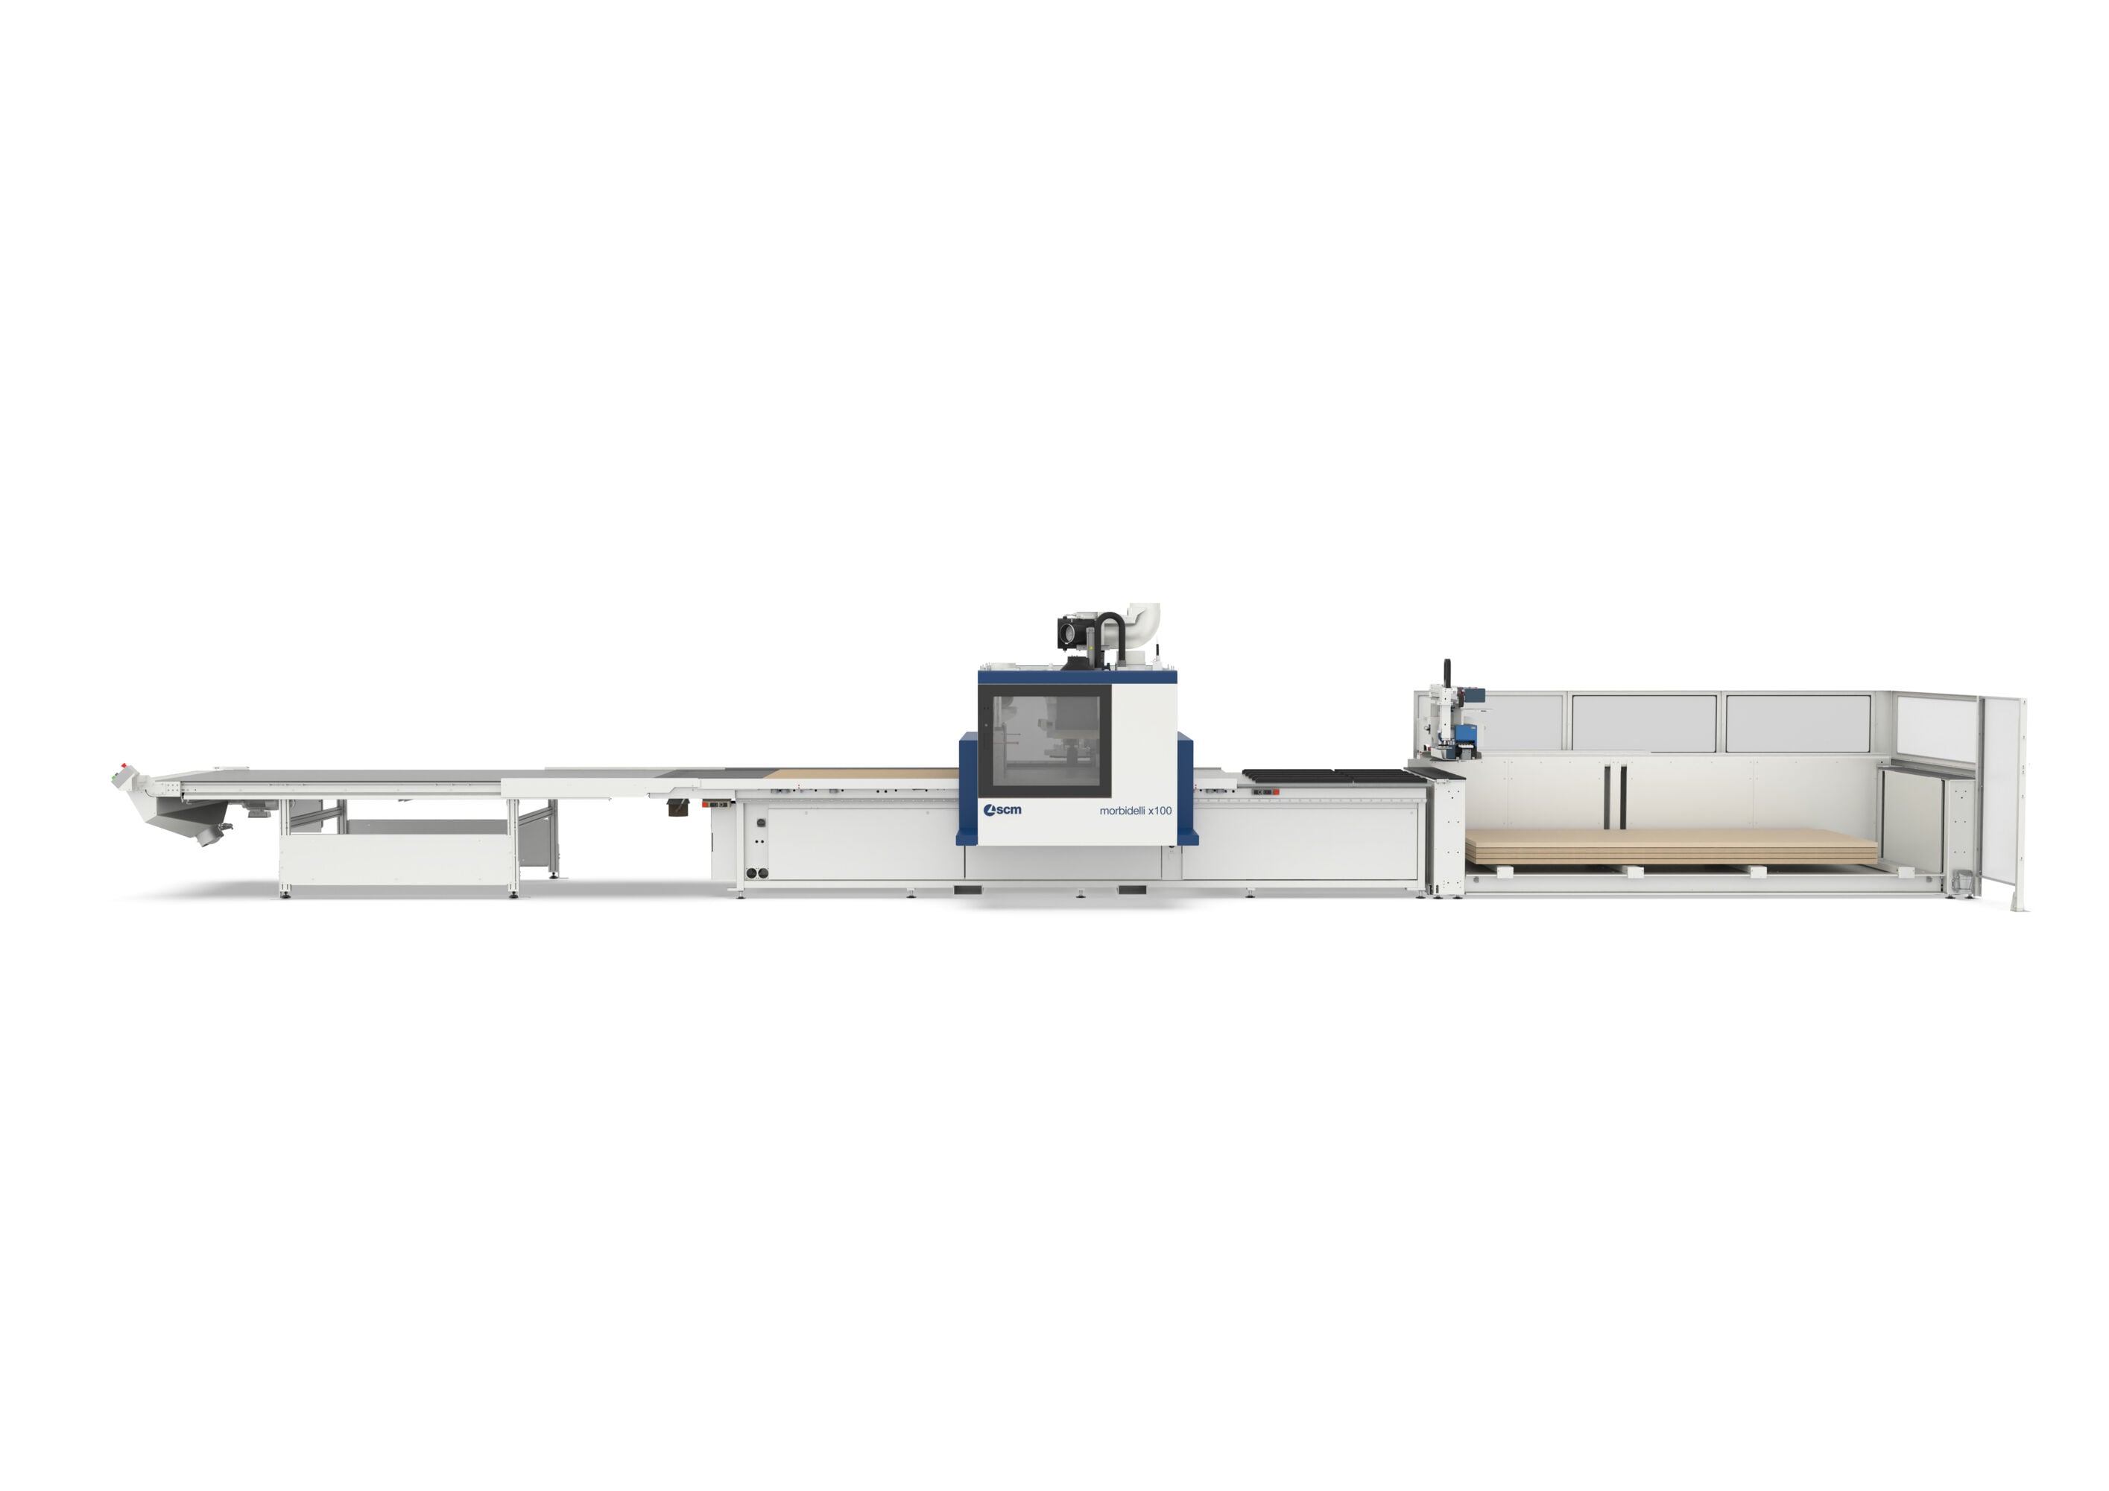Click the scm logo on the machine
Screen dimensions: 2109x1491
[x=1002, y=809]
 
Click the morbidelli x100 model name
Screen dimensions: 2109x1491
[x=1135, y=810]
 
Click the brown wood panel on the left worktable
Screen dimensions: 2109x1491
[x=861, y=773]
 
